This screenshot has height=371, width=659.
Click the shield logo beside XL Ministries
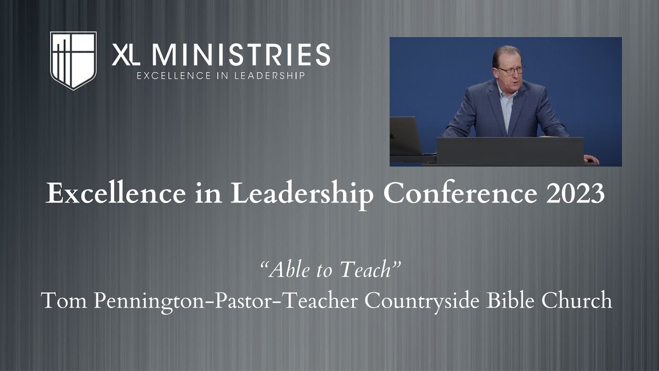[x=73, y=60]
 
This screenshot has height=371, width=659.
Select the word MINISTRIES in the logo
[x=241, y=55]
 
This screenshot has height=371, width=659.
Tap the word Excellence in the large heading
[x=115, y=194]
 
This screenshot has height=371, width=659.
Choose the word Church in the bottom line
[x=580, y=300]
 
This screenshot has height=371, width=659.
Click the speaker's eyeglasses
[x=510, y=70]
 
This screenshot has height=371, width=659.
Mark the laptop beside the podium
[x=406, y=136]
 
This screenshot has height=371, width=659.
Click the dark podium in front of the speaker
[x=510, y=150]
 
